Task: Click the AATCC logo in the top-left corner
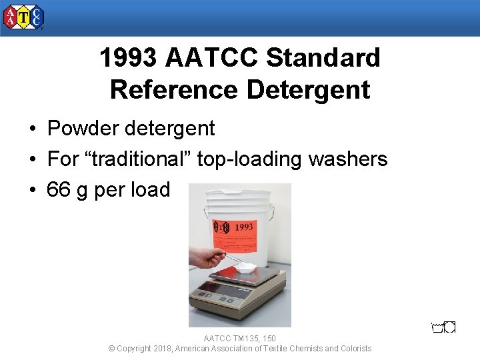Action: point(23,17)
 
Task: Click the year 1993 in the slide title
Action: point(128,58)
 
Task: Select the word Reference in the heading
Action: point(174,89)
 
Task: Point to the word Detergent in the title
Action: point(308,89)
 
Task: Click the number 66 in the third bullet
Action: point(59,190)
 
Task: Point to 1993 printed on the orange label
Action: point(244,227)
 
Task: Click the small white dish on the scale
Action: point(246,267)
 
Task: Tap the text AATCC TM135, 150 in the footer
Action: point(240,339)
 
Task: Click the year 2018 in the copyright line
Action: point(162,349)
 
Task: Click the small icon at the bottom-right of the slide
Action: point(443,327)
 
